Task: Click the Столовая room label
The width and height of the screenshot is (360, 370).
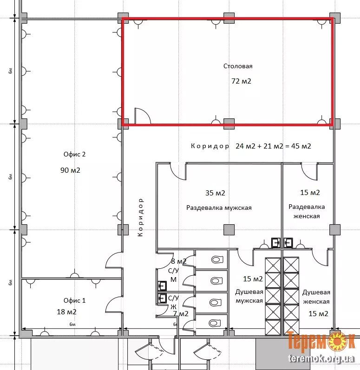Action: coord(238,66)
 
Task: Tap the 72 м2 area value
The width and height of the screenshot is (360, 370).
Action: coord(241,81)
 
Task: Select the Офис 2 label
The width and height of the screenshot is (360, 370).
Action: coord(75,154)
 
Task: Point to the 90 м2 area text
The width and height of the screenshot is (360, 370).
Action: coord(70,170)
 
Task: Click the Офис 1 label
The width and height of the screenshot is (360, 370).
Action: coord(75,300)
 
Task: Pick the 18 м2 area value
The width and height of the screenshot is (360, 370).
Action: coord(66,312)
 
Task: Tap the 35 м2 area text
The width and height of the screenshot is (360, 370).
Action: coord(215,193)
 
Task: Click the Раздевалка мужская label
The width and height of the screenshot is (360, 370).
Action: coord(219,208)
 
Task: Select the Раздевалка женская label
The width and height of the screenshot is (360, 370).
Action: coord(307,211)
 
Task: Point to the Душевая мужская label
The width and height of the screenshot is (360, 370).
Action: coord(249,296)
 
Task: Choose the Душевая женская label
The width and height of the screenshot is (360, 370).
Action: coord(316,297)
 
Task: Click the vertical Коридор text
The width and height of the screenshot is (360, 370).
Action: coord(140,217)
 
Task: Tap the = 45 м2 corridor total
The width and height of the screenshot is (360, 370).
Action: coord(298,146)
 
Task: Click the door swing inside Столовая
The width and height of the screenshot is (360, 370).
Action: coord(143,116)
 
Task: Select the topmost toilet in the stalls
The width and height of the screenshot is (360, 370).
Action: coord(217,260)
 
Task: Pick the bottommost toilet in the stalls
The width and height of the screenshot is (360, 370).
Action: coord(215,323)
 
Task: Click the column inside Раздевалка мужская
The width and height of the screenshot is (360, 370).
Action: coord(229,230)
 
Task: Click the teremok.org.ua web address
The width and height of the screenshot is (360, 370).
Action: coord(321,359)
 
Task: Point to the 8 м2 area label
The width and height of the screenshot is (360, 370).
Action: coord(179,261)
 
